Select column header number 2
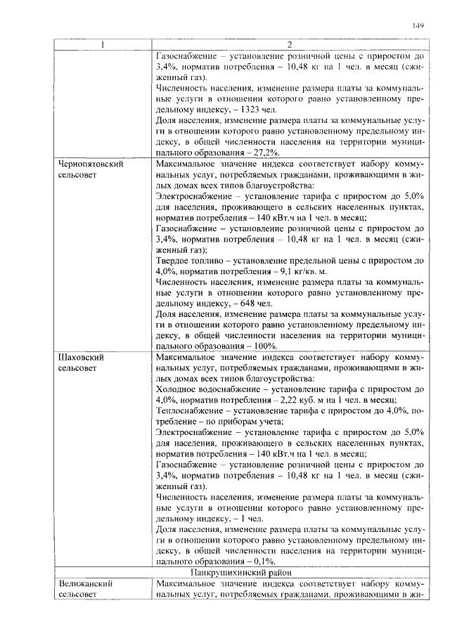[x=289, y=46]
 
